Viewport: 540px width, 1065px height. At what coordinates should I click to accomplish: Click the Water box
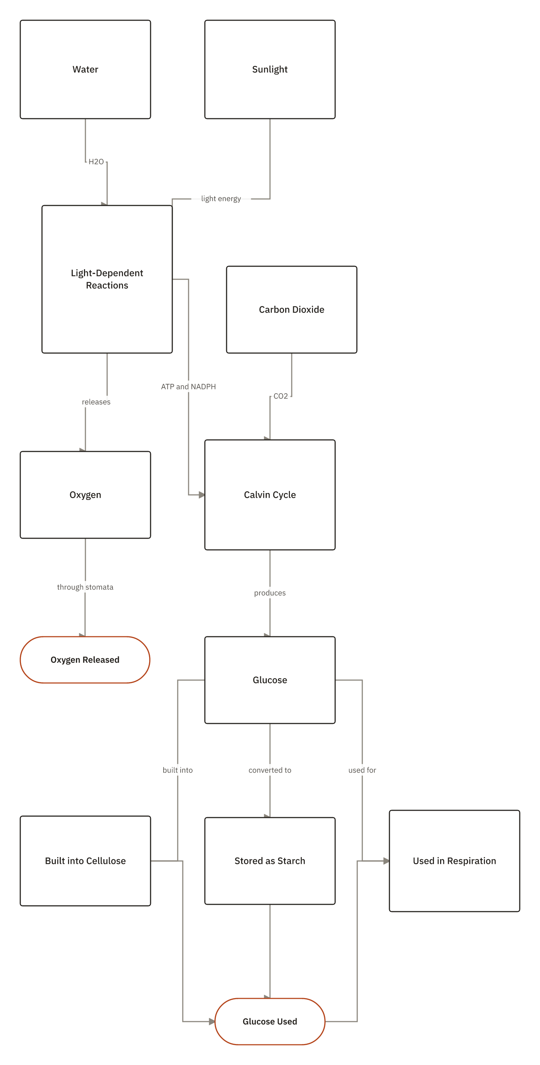(x=85, y=69)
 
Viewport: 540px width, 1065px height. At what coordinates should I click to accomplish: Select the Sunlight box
(x=270, y=69)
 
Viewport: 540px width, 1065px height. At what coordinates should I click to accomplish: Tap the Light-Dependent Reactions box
(x=107, y=279)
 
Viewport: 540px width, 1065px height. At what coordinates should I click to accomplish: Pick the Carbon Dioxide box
(x=291, y=310)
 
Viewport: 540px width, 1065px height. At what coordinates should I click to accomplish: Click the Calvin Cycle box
(x=270, y=495)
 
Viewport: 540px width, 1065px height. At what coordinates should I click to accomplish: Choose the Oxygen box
(x=85, y=495)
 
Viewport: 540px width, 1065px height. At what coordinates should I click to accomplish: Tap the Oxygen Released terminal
(x=85, y=660)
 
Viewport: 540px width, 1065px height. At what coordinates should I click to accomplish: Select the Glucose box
(x=270, y=680)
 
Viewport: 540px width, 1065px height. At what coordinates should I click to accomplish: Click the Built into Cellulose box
(x=85, y=861)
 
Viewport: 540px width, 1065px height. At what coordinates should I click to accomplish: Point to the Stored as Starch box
(x=270, y=861)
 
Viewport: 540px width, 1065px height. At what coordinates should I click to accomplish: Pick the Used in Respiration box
(x=455, y=861)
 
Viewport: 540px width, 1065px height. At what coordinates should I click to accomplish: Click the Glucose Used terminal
(x=270, y=1022)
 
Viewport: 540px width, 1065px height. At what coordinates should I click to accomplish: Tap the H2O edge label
(x=96, y=162)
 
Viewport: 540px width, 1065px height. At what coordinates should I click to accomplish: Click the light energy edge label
(x=221, y=199)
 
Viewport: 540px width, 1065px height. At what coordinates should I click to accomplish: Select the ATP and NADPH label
(x=188, y=387)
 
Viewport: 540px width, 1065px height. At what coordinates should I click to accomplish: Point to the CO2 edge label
(x=281, y=396)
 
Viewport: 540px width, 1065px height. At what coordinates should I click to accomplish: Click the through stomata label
(x=85, y=587)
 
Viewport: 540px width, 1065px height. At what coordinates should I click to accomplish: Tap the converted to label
(x=270, y=770)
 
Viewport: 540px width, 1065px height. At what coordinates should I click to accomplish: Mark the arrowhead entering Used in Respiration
(x=386, y=861)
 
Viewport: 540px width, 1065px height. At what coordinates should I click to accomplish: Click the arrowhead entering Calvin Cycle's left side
(x=202, y=495)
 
